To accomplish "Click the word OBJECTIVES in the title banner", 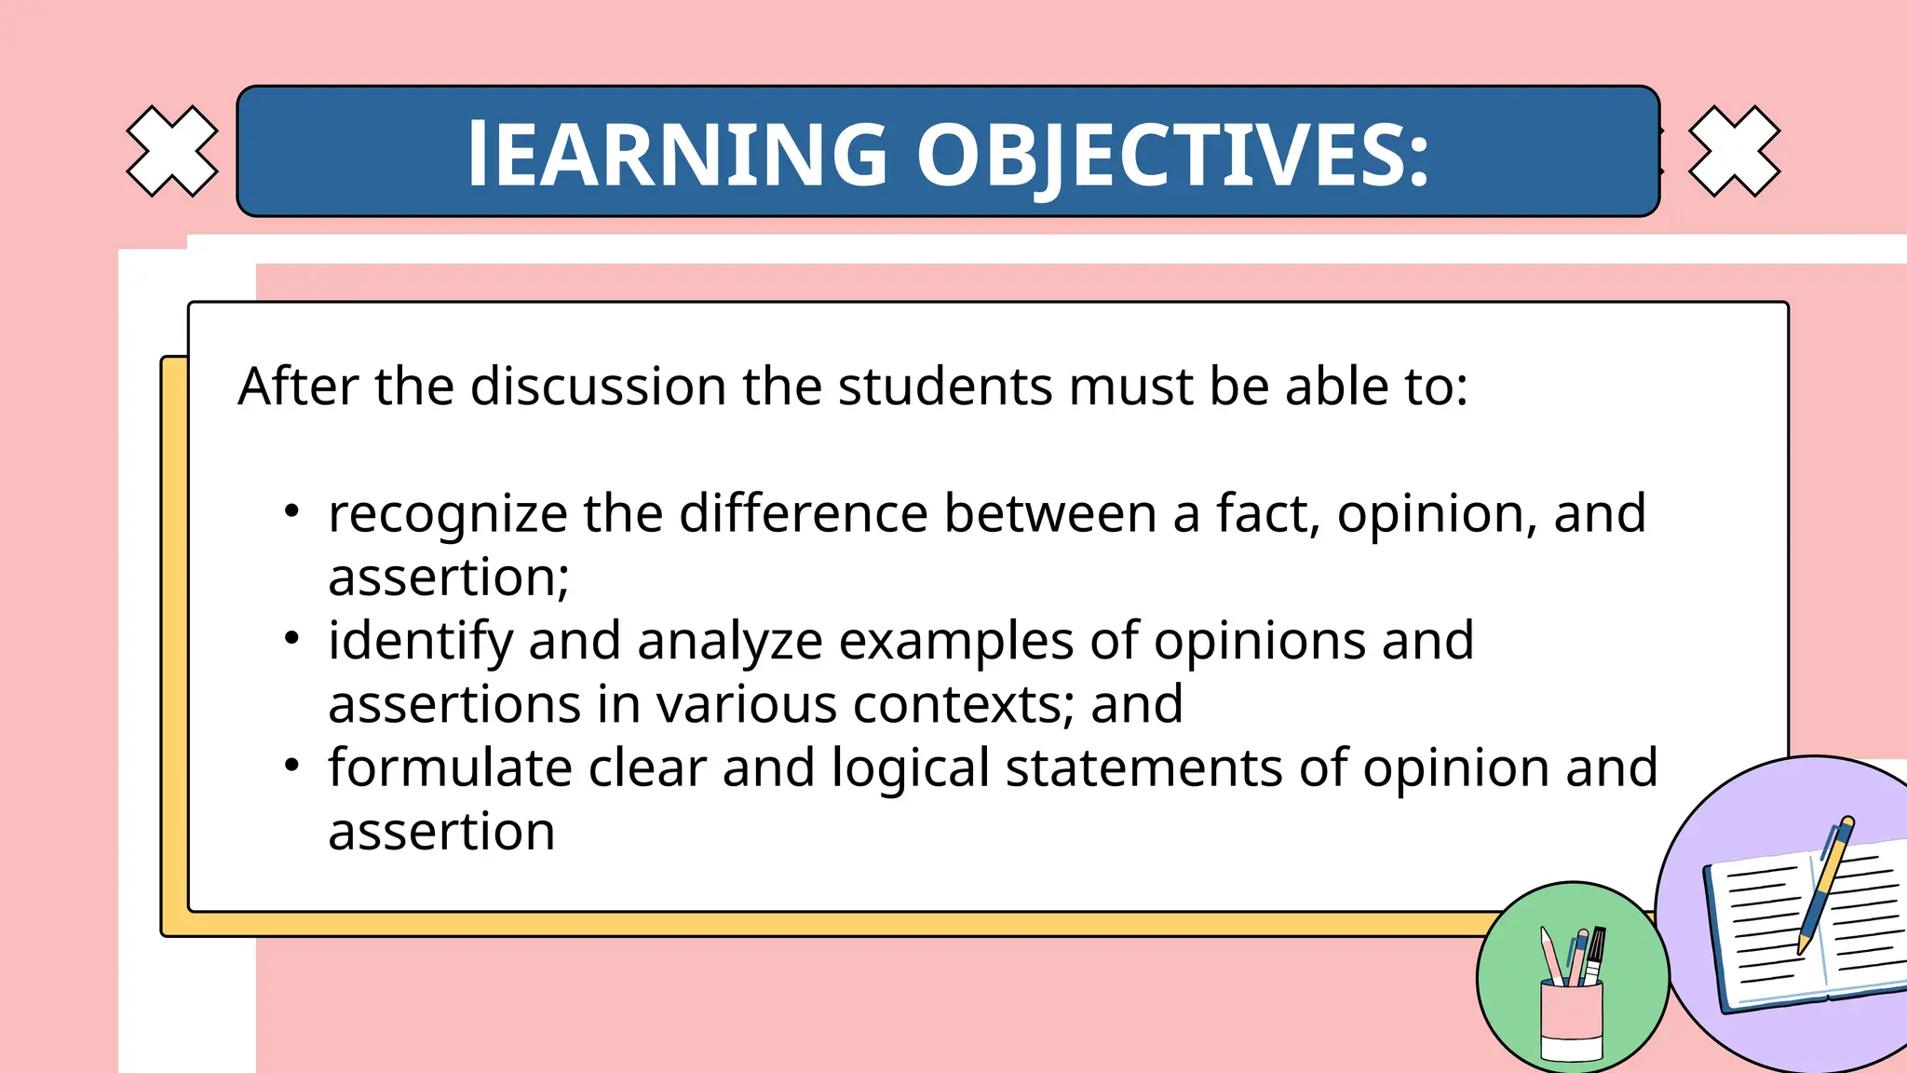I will (x=1173, y=155).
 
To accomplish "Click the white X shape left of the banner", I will (x=172, y=151).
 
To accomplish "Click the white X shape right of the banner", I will (x=1734, y=151).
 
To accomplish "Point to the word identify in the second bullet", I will (x=420, y=642).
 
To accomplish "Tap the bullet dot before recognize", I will (x=292, y=511).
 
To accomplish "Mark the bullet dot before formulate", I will (x=292, y=765).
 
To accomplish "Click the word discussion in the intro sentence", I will (x=598, y=387).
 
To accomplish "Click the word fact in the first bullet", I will (x=1267, y=513).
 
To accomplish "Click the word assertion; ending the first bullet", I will (x=448, y=578).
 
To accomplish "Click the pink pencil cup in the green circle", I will (x=1572, y=1020).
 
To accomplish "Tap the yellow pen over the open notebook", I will (x=1824, y=885).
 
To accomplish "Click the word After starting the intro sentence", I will (x=298, y=387).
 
